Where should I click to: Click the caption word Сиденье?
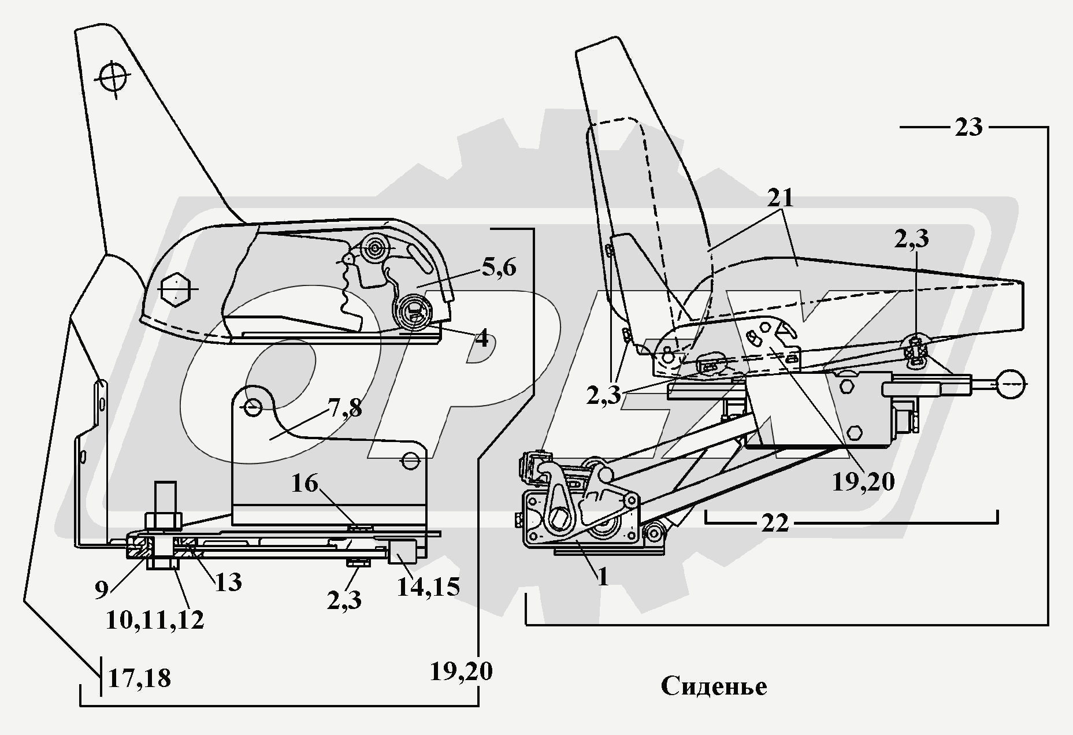coord(714,686)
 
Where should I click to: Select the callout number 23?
coord(968,127)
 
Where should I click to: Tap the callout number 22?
coord(774,524)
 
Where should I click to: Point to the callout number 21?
coord(781,198)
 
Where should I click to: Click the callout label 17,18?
coord(139,678)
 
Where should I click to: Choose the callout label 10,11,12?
coord(155,620)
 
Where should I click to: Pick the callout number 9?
coord(101,589)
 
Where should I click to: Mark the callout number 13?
coord(228,582)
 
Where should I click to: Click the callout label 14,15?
coord(428,587)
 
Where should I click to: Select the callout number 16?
coord(305,483)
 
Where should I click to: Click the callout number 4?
coord(481,339)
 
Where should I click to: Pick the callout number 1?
coord(603,577)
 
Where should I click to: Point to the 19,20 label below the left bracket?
coord(461,672)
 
